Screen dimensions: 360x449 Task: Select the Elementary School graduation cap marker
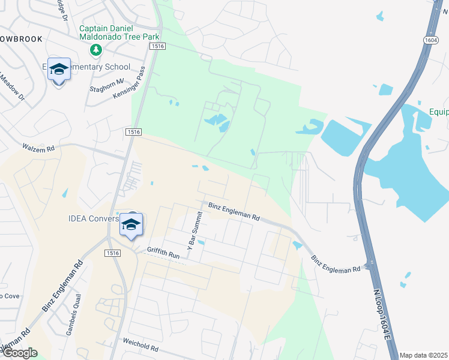(x=59, y=71)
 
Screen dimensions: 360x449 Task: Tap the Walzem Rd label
(x=38, y=146)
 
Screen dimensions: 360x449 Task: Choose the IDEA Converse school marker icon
(x=131, y=225)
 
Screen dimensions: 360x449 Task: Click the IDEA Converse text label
(x=94, y=218)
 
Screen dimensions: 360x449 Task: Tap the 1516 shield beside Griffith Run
(x=112, y=253)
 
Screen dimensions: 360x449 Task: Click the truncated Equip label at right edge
(x=439, y=112)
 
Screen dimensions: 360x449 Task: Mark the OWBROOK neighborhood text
(x=22, y=39)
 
